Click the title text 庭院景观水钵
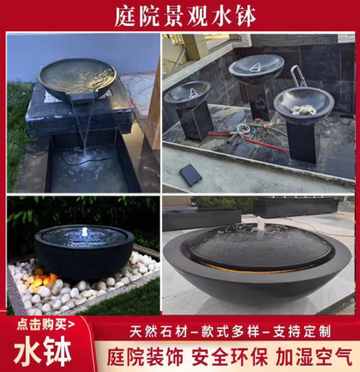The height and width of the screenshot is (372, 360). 180,15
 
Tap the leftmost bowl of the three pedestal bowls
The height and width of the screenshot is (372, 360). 187,93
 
